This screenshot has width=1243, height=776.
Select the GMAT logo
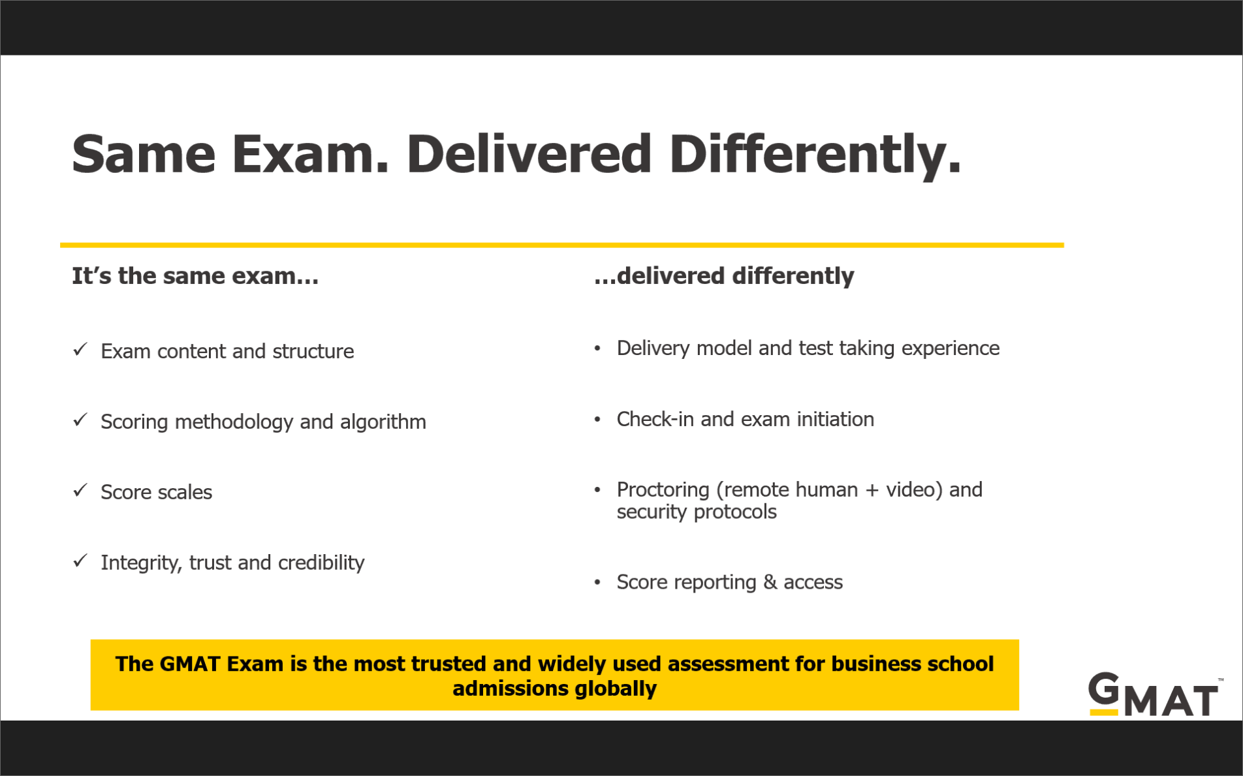click(1154, 694)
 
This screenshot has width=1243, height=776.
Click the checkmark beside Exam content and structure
click(80, 350)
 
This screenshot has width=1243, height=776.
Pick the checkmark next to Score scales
click(80, 490)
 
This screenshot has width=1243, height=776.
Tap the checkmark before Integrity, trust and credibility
click(80, 561)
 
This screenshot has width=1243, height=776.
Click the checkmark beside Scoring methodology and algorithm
click(80, 420)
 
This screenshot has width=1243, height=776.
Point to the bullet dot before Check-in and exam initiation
click(597, 419)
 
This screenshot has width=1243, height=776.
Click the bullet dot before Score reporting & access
click(597, 582)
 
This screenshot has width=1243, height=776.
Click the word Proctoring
click(663, 489)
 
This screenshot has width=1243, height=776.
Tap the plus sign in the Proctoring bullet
click(872, 490)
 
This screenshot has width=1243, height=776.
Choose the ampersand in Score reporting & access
click(770, 582)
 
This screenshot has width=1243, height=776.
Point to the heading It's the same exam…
click(195, 276)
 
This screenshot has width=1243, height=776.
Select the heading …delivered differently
click(724, 276)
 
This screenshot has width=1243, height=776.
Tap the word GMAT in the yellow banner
click(190, 664)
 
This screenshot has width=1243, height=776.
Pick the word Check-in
click(655, 419)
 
